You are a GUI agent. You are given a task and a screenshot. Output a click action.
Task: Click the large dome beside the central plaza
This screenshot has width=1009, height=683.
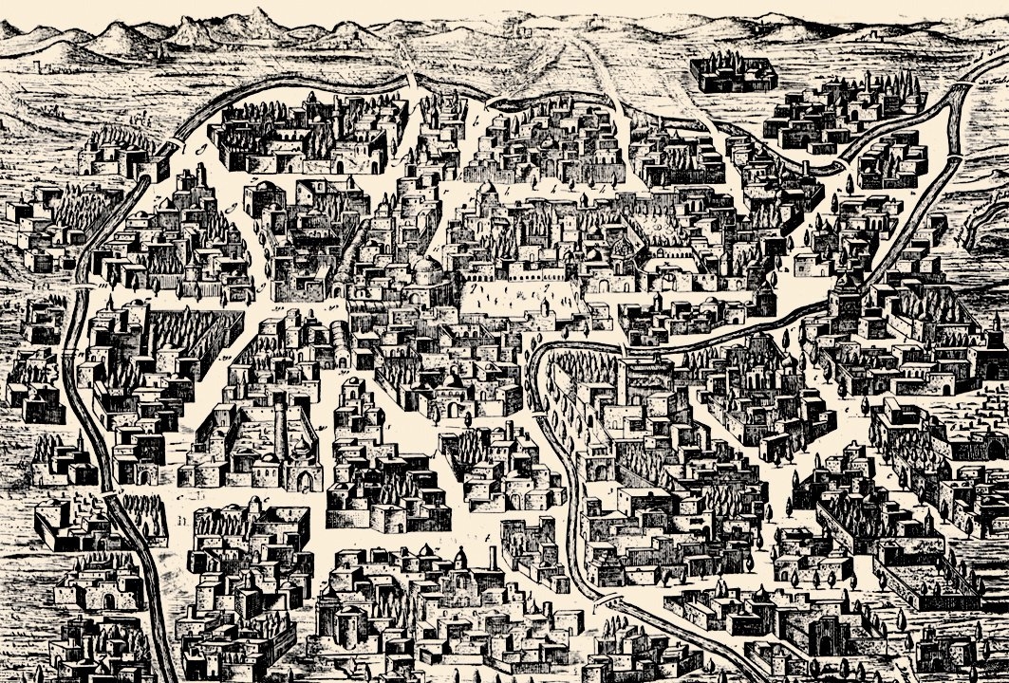click(x=425, y=272)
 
